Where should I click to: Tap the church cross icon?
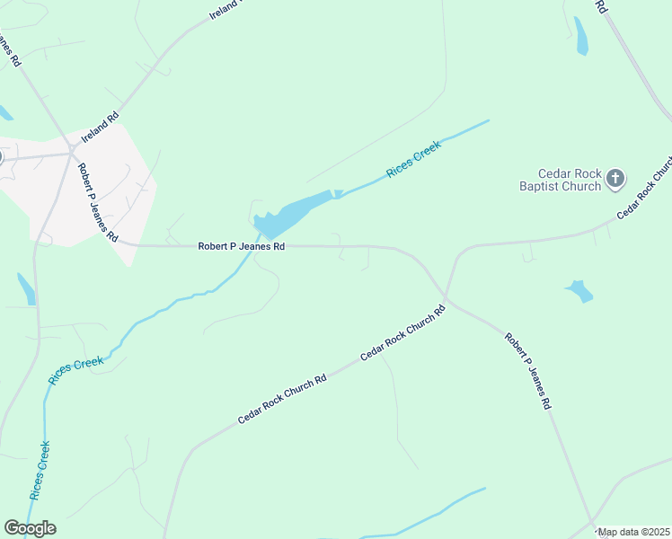click(x=615, y=179)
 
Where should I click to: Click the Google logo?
click(x=30, y=528)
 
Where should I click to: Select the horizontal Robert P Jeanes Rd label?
click(x=242, y=245)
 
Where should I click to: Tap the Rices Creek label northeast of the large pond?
click(x=413, y=159)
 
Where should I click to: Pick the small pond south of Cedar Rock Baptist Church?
click(x=579, y=290)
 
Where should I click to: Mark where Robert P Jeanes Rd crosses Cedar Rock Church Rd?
click(x=446, y=297)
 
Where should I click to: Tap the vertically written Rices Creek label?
click(x=40, y=470)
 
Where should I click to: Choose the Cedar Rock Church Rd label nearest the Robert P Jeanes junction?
click(x=402, y=333)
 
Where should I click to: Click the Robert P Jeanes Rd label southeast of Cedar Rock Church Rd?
click(x=528, y=372)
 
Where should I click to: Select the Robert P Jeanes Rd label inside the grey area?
click(x=97, y=203)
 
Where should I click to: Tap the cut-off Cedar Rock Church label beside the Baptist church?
click(x=645, y=190)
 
